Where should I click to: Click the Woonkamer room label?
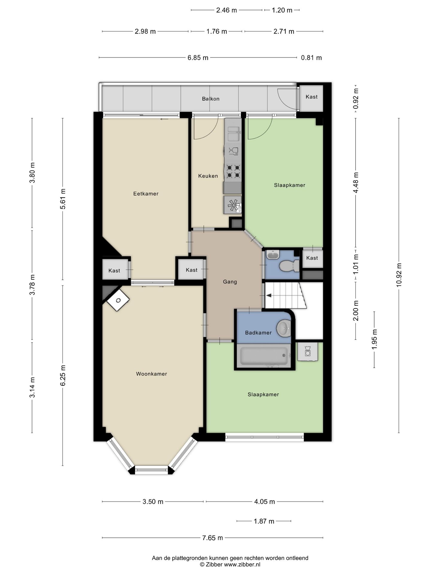pyautogui.click(x=151, y=374)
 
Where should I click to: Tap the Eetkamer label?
pyautogui.click(x=146, y=194)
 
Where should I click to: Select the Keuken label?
pyautogui.click(x=208, y=176)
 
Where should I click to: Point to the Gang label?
pyautogui.click(x=230, y=282)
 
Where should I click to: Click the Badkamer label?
pyautogui.click(x=258, y=333)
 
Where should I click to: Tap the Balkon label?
pyautogui.click(x=211, y=99)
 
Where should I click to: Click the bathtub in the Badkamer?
pyautogui.click(x=264, y=356)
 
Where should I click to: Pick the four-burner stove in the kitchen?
pyautogui.click(x=233, y=171)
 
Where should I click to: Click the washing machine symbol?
pyautogui.click(x=308, y=352)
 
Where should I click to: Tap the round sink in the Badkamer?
pyautogui.click(x=283, y=328)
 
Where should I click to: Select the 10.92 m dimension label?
pyautogui.click(x=399, y=275)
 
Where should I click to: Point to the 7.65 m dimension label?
pyautogui.click(x=213, y=538)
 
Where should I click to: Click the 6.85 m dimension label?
pyautogui.click(x=198, y=58)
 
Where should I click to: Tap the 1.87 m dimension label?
pyautogui.click(x=264, y=521)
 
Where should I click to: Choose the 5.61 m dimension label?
pyautogui.click(x=63, y=199)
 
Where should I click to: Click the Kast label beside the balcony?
pyautogui.click(x=312, y=97)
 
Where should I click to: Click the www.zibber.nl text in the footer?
pyautogui.click(x=242, y=564)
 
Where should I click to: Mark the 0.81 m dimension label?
pyautogui.click(x=311, y=58)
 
